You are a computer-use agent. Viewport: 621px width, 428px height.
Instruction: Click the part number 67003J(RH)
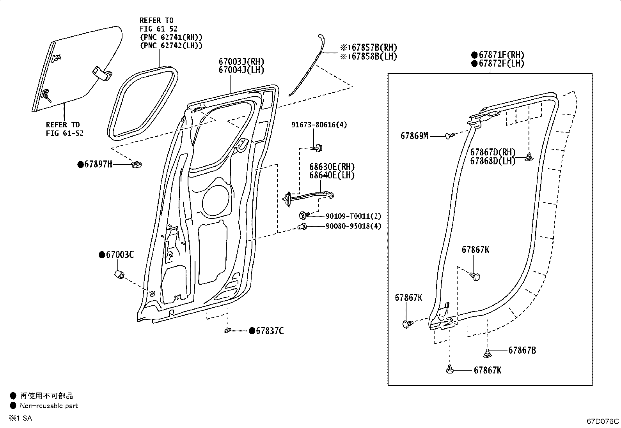click(x=241, y=62)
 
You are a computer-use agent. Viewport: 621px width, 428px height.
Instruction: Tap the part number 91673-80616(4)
click(x=319, y=125)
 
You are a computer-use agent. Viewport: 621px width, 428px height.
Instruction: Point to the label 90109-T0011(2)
click(x=353, y=216)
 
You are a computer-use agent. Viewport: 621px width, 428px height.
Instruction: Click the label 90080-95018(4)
click(x=353, y=226)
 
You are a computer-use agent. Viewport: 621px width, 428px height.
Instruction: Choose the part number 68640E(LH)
click(x=332, y=175)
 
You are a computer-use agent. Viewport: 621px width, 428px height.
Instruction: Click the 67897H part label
click(x=98, y=164)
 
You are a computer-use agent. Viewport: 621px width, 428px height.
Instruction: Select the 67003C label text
click(x=120, y=255)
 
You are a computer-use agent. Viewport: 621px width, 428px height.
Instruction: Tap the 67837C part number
click(x=270, y=331)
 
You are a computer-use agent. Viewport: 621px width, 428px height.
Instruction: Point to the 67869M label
click(x=414, y=136)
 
